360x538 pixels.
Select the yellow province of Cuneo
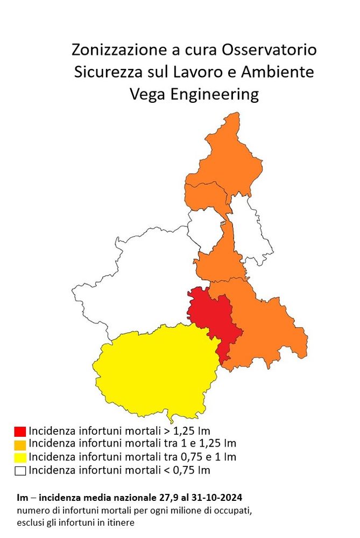[x=156, y=371]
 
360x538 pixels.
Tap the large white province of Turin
[x=140, y=280]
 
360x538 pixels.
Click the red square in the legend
[x=20, y=431]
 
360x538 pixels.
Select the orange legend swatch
[x=20, y=444]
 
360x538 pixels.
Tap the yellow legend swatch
[x=20, y=458]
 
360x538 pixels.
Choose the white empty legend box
[x=20, y=471]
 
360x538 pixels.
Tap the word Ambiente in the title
[x=280, y=73]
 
